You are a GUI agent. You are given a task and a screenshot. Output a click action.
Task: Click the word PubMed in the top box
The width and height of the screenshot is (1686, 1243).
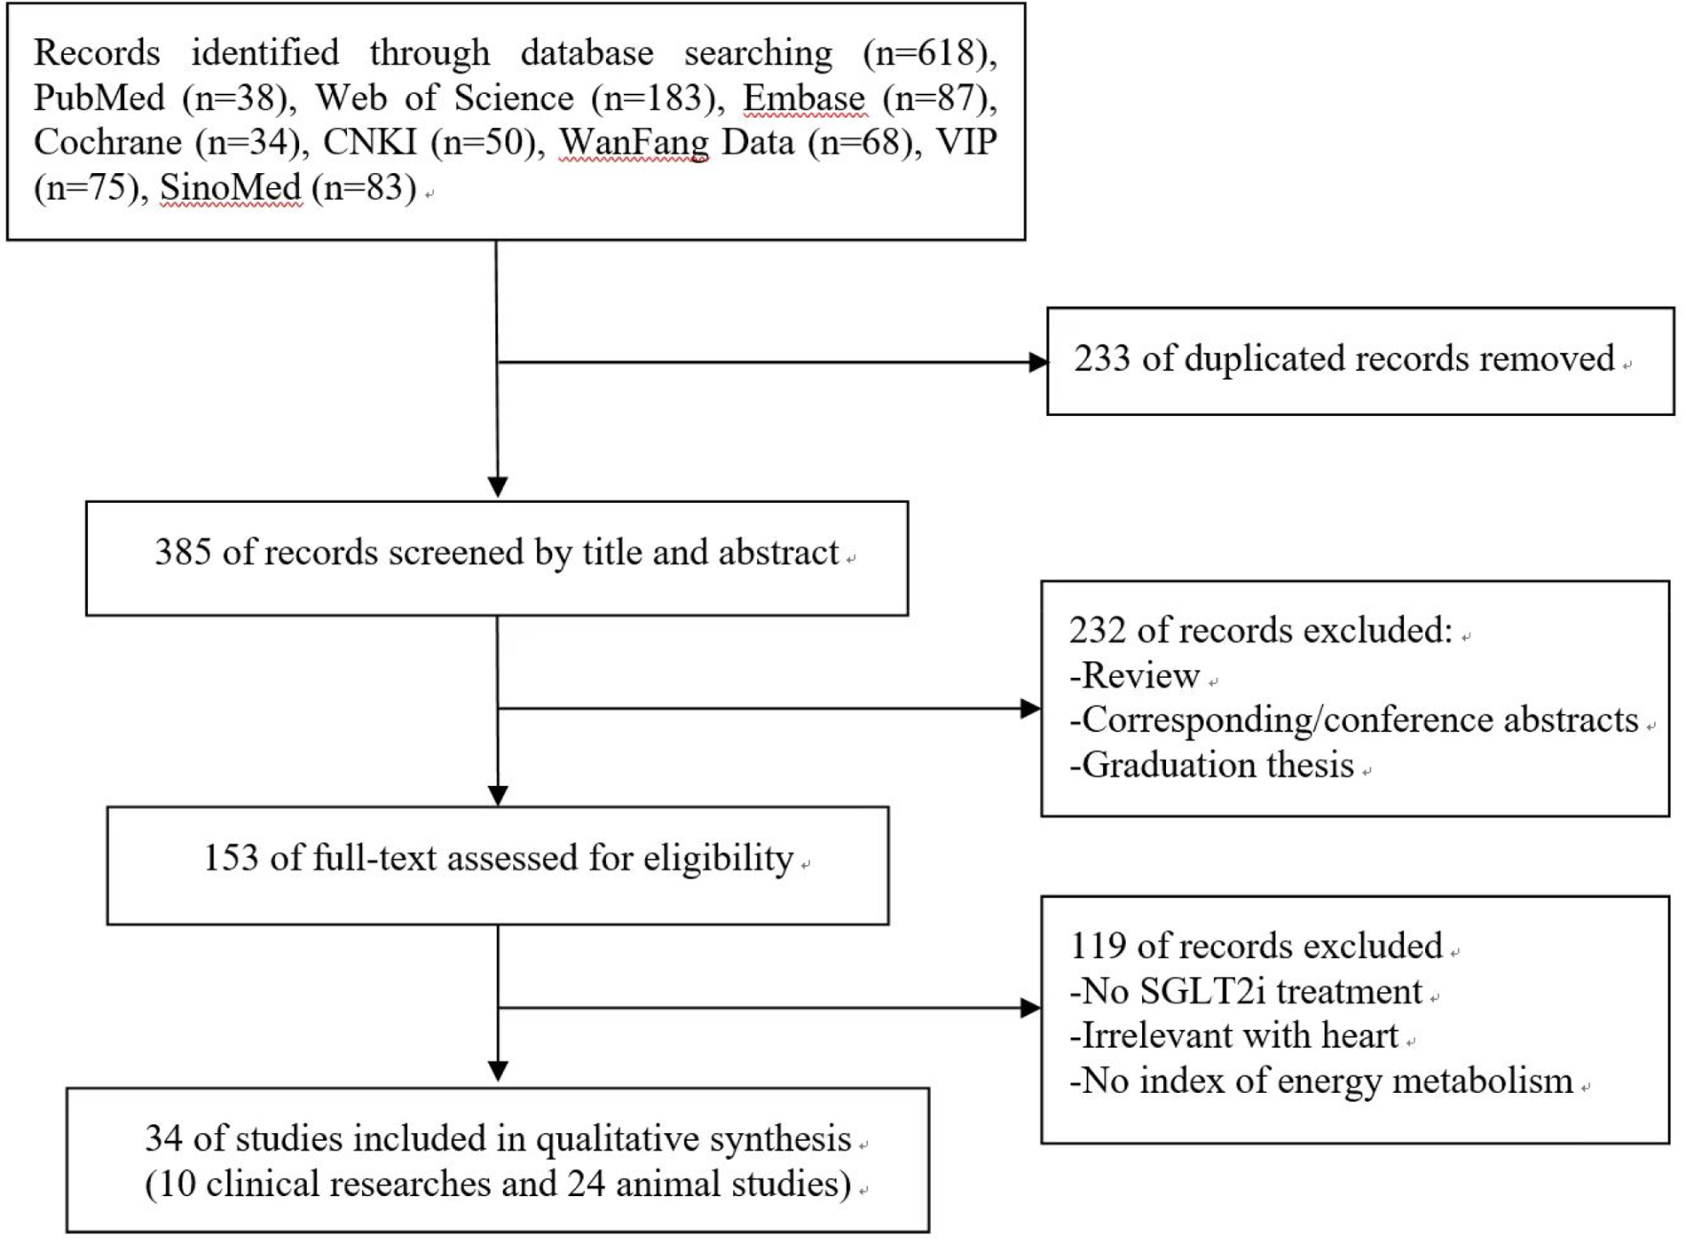(x=98, y=98)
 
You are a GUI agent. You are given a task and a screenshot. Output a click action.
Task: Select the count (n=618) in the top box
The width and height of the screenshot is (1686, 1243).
(x=928, y=53)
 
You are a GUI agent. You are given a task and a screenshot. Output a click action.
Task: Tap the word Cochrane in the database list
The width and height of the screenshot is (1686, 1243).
(x=107, y=142)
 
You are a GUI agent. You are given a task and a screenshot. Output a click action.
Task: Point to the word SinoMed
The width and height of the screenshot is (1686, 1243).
(x=231, y=187)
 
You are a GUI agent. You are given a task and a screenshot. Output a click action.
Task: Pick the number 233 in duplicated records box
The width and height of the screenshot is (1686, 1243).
(x=1101, y=358)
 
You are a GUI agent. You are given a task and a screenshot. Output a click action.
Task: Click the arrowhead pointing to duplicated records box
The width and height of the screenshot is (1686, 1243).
(x=1037, y=362)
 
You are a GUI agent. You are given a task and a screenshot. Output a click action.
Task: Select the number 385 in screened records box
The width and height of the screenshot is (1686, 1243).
(x=182, y=552)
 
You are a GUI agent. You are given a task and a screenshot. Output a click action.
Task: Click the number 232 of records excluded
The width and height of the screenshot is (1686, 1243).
(x=1097, y=630)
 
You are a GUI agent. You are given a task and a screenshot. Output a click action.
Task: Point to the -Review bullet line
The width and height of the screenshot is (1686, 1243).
(x=1135, y=675)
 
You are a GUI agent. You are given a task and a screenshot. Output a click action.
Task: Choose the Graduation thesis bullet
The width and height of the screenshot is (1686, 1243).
(x=1212, y=765)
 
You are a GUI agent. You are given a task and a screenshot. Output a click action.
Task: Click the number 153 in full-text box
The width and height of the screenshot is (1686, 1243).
(x=231, y=858)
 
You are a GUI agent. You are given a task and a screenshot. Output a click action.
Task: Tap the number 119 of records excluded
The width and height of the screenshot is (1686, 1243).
(x=1097, y=946)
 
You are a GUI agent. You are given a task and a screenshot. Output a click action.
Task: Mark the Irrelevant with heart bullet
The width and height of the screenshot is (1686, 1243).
(x=1234, y=1035)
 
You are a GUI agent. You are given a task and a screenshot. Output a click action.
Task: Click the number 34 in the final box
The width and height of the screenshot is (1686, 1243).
(x=163, y=1138)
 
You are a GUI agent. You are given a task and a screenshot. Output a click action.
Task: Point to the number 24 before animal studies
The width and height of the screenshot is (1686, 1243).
(x=586, y=1184)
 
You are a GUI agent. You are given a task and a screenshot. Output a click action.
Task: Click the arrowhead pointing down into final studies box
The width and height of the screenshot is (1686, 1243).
(x=498, y=1071)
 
